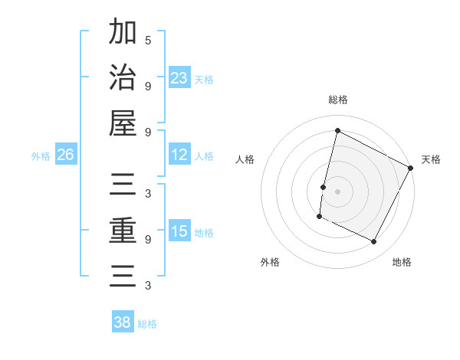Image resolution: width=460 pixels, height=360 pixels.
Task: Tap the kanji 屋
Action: coord(123,123)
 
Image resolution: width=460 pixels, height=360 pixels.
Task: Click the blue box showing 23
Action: coord(179,77)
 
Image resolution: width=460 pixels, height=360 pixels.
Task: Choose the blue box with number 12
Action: coord(179,155)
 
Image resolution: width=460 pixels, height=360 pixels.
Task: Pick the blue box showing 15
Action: coord(179,231)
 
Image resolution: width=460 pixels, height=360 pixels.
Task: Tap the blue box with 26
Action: coord(66,155)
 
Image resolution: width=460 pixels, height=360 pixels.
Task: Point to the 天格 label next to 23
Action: coord(204,79)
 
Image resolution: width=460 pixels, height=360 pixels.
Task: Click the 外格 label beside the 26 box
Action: coord(41,156)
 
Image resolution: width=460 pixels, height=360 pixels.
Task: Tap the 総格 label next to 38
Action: coord(147,324)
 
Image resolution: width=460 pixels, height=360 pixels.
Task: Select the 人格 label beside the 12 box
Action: coord(204,156)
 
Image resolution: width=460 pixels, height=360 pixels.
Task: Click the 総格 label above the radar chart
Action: coord(338,100)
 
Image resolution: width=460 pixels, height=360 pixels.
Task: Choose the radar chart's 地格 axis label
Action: coord(402,262)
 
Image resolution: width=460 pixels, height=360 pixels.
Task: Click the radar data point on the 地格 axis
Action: coord(374,242)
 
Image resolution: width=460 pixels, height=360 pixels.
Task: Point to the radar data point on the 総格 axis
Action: coord(338,130)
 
